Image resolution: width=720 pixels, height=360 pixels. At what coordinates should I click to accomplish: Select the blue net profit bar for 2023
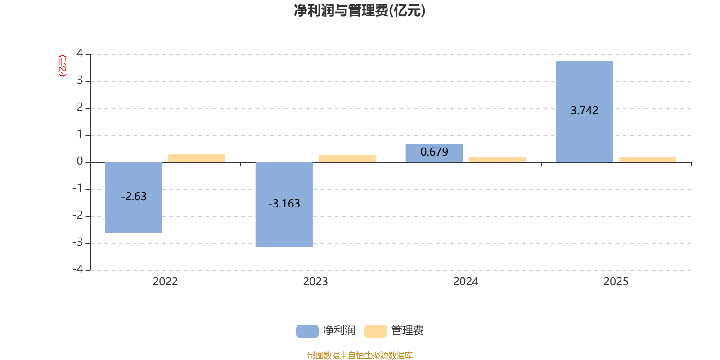click(x=283, y=225)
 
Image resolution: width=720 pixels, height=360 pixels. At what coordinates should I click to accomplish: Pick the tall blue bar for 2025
click(x=584, y=135)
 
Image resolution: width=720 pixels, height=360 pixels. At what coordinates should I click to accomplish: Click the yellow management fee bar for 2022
click(x=197, y=158)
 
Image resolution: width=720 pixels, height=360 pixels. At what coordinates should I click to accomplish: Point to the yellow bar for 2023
click(x=347, y=158)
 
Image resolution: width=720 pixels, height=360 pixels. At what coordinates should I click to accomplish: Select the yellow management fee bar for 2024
click(x=497, y=159)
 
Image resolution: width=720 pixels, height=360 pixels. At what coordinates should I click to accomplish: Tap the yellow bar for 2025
click(x=648, y=159)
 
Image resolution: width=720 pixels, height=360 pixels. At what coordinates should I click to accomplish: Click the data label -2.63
click(x=134, y=197)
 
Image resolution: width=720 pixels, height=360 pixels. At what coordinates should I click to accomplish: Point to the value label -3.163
click(x=284, y=204)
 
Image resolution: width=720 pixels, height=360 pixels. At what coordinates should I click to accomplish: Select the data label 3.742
click(x=584, y=111)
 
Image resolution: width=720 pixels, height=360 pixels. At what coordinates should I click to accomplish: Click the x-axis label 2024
click(x=466, y=282)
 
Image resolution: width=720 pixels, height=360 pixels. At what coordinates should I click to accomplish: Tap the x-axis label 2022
click(x=165, y=282)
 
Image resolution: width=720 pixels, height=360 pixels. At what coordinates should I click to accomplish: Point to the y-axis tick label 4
click(x=80, y=54)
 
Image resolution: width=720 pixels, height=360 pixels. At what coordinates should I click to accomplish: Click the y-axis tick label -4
click(x=78, y=269)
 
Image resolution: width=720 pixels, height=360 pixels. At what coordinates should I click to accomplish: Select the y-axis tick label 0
click(x=80, y=162)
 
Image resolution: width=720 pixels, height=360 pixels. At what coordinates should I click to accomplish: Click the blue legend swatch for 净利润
click(x=307, y=331)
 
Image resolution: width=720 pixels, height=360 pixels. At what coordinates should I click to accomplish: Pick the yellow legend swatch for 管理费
click(x=375, y=331)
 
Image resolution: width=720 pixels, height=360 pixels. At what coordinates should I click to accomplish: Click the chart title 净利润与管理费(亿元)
click(x=360, y=11)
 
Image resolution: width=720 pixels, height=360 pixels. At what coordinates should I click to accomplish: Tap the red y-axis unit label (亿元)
click(x=63, y=66)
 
